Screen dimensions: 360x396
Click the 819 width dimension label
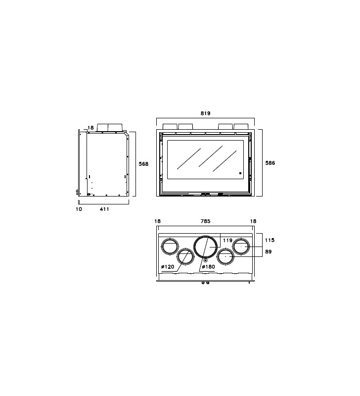(205, 113)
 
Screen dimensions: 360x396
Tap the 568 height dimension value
(143, 164)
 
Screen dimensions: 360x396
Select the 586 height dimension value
(270, 163)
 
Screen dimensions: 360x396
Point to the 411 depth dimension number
(104, 209)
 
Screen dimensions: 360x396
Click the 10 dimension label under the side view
(79, 209)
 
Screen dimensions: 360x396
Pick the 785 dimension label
(205, 221)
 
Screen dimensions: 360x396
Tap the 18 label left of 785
(157, 221)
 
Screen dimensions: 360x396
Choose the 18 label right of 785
(253, 221)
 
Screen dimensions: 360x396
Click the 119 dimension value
(227, 240)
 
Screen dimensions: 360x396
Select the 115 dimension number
(270, 240)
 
